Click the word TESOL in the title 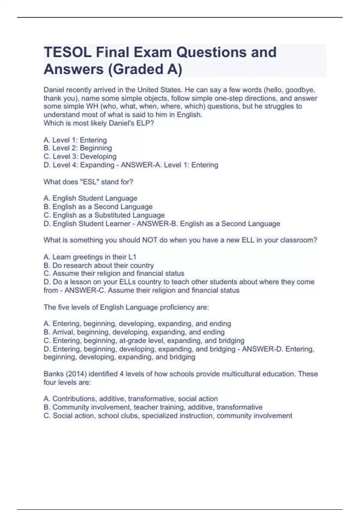click(x=67, y=52)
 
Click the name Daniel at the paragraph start click(x=54, y=90)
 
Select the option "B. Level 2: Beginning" click(x=78, y=148)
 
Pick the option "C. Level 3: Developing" click(x=80, y=157)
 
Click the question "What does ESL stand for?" click(x=88, y=182)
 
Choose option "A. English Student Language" click(x=90, y=198)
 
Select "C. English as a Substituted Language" click(x=104, y=215)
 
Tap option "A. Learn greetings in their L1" click(x=90, y=257)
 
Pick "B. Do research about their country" click(x=99, y=265)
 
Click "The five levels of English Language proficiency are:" click(x=126, y=307)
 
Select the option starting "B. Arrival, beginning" click(x=134, y=332)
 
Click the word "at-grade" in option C click(x=132, y=341)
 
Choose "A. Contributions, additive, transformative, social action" click(x=130, y=399)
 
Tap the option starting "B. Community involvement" click(x=153, y=407)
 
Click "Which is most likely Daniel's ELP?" click(x=99, y=123)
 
